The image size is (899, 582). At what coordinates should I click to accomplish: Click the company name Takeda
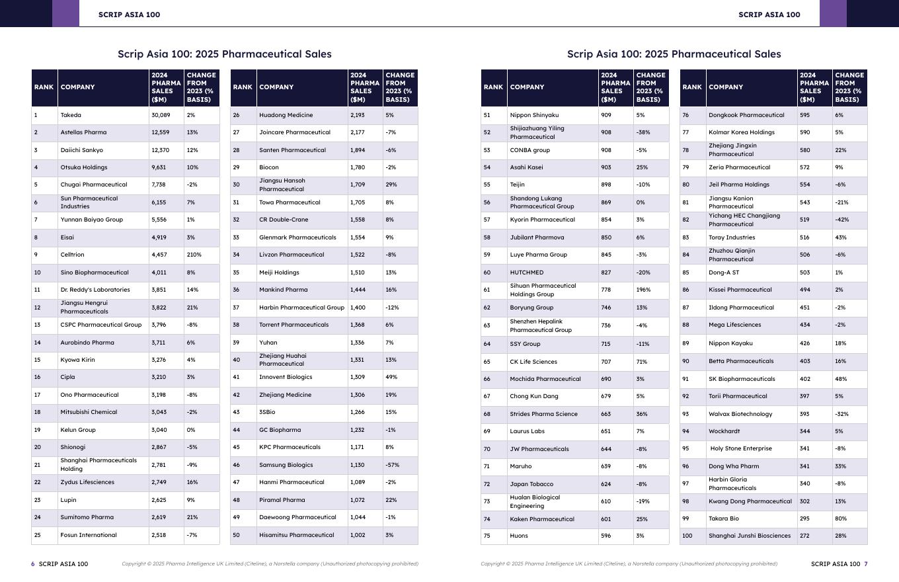click(x=71, y=115)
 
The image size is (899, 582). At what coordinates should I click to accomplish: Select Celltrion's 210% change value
click(x=194, y=255)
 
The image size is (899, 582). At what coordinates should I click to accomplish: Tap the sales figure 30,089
click(x=161, y=115)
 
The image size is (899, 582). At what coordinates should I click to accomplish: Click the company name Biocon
click(x=269, y=167)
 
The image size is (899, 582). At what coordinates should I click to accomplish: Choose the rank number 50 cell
click(x=237, y=535)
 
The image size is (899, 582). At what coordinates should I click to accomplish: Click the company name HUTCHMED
click(x=527, y=272)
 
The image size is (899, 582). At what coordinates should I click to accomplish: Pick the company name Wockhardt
click(x=724, y=431)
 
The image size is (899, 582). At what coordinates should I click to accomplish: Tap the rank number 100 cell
click(x=687, y=536)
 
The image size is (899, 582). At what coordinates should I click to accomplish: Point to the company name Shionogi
click(x=73, y=447)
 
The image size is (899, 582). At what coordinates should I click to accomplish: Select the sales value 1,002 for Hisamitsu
click(x=358, y=535)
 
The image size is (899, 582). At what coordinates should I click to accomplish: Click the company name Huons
click(x=519, y=536)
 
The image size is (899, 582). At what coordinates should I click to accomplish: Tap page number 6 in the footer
click(x=33, y=564)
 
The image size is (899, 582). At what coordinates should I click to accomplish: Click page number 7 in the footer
click(x=866, y=564)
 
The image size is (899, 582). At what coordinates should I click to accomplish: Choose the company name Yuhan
click(x=268, y=343)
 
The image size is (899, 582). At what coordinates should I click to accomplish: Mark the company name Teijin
click(x=519, y=185)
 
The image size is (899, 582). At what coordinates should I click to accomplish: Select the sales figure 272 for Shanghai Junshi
click(x=804, y=536)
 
